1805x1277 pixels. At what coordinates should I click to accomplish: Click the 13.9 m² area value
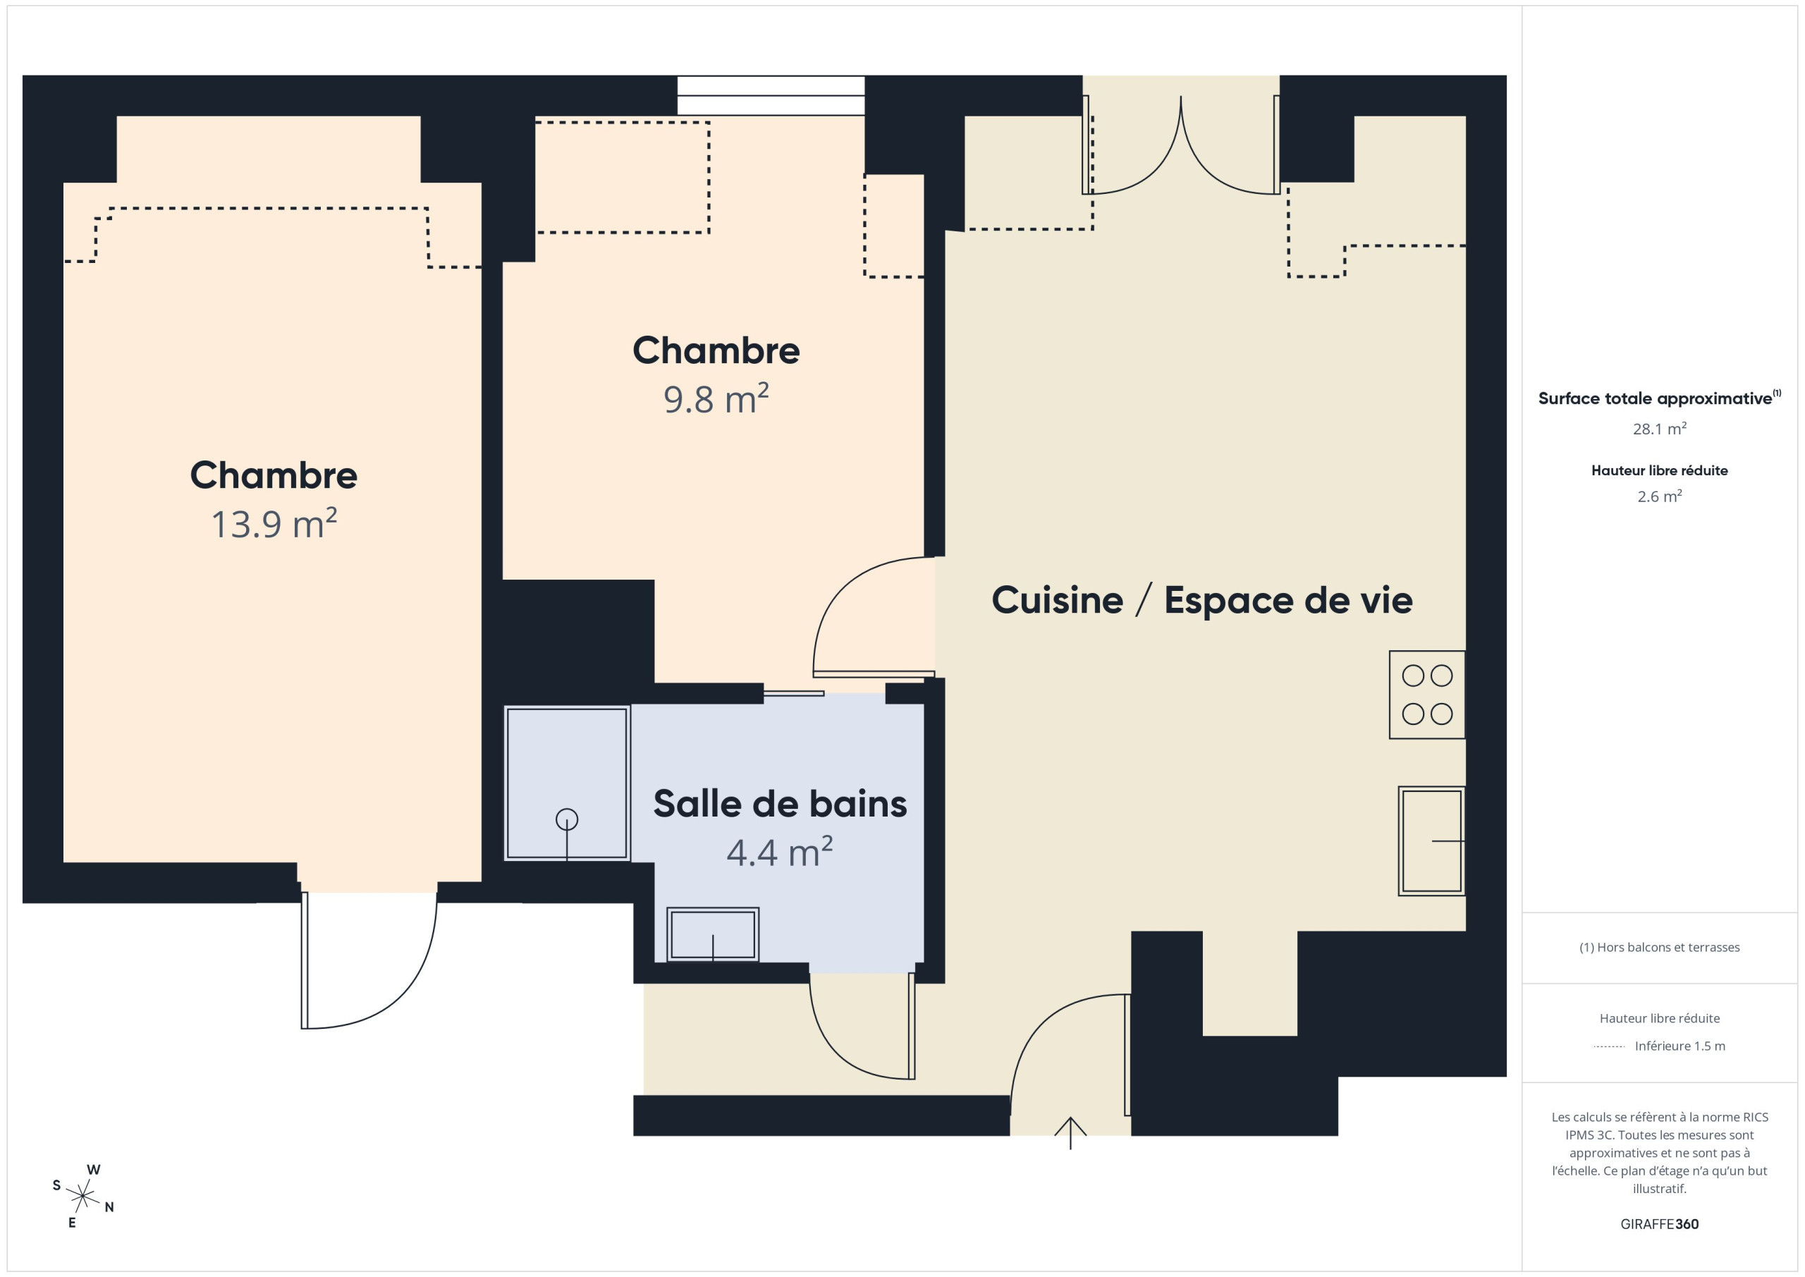click(274, 524)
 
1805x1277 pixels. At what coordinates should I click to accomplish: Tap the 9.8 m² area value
click(716, 398)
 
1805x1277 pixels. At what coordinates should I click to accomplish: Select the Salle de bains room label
click(780, 804)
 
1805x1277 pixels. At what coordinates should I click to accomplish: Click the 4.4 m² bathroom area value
click(779, 853)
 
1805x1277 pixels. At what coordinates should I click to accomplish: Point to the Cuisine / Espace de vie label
click(1202, 600)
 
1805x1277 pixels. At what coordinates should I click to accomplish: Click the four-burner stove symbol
click(1427, 695)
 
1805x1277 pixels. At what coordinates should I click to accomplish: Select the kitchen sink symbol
click(1431, 841)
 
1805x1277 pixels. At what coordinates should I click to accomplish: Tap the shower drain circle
click(567, 820)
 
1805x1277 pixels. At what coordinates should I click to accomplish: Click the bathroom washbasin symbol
click(713, 934)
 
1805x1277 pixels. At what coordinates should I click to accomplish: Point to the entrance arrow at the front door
click(1070, 1133)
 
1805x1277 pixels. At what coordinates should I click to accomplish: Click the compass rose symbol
click(82, 1197)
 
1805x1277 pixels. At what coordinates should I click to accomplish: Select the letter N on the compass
click(109, 1207)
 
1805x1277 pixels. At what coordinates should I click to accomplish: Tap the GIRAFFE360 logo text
click(1660, 1224)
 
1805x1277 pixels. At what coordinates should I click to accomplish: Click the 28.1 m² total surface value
click(1660, 429)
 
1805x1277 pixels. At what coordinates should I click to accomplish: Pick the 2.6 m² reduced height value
click(1660, 496)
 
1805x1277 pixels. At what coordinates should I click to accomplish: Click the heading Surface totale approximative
click(1655, 398)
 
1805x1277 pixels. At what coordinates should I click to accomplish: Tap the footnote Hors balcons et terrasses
click(1660, 948)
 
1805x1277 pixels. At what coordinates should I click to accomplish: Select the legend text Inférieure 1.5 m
click(1680, 1046)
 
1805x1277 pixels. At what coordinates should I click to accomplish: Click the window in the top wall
click(771, 96)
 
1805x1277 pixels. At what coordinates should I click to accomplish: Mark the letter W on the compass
click(94, 1170)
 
